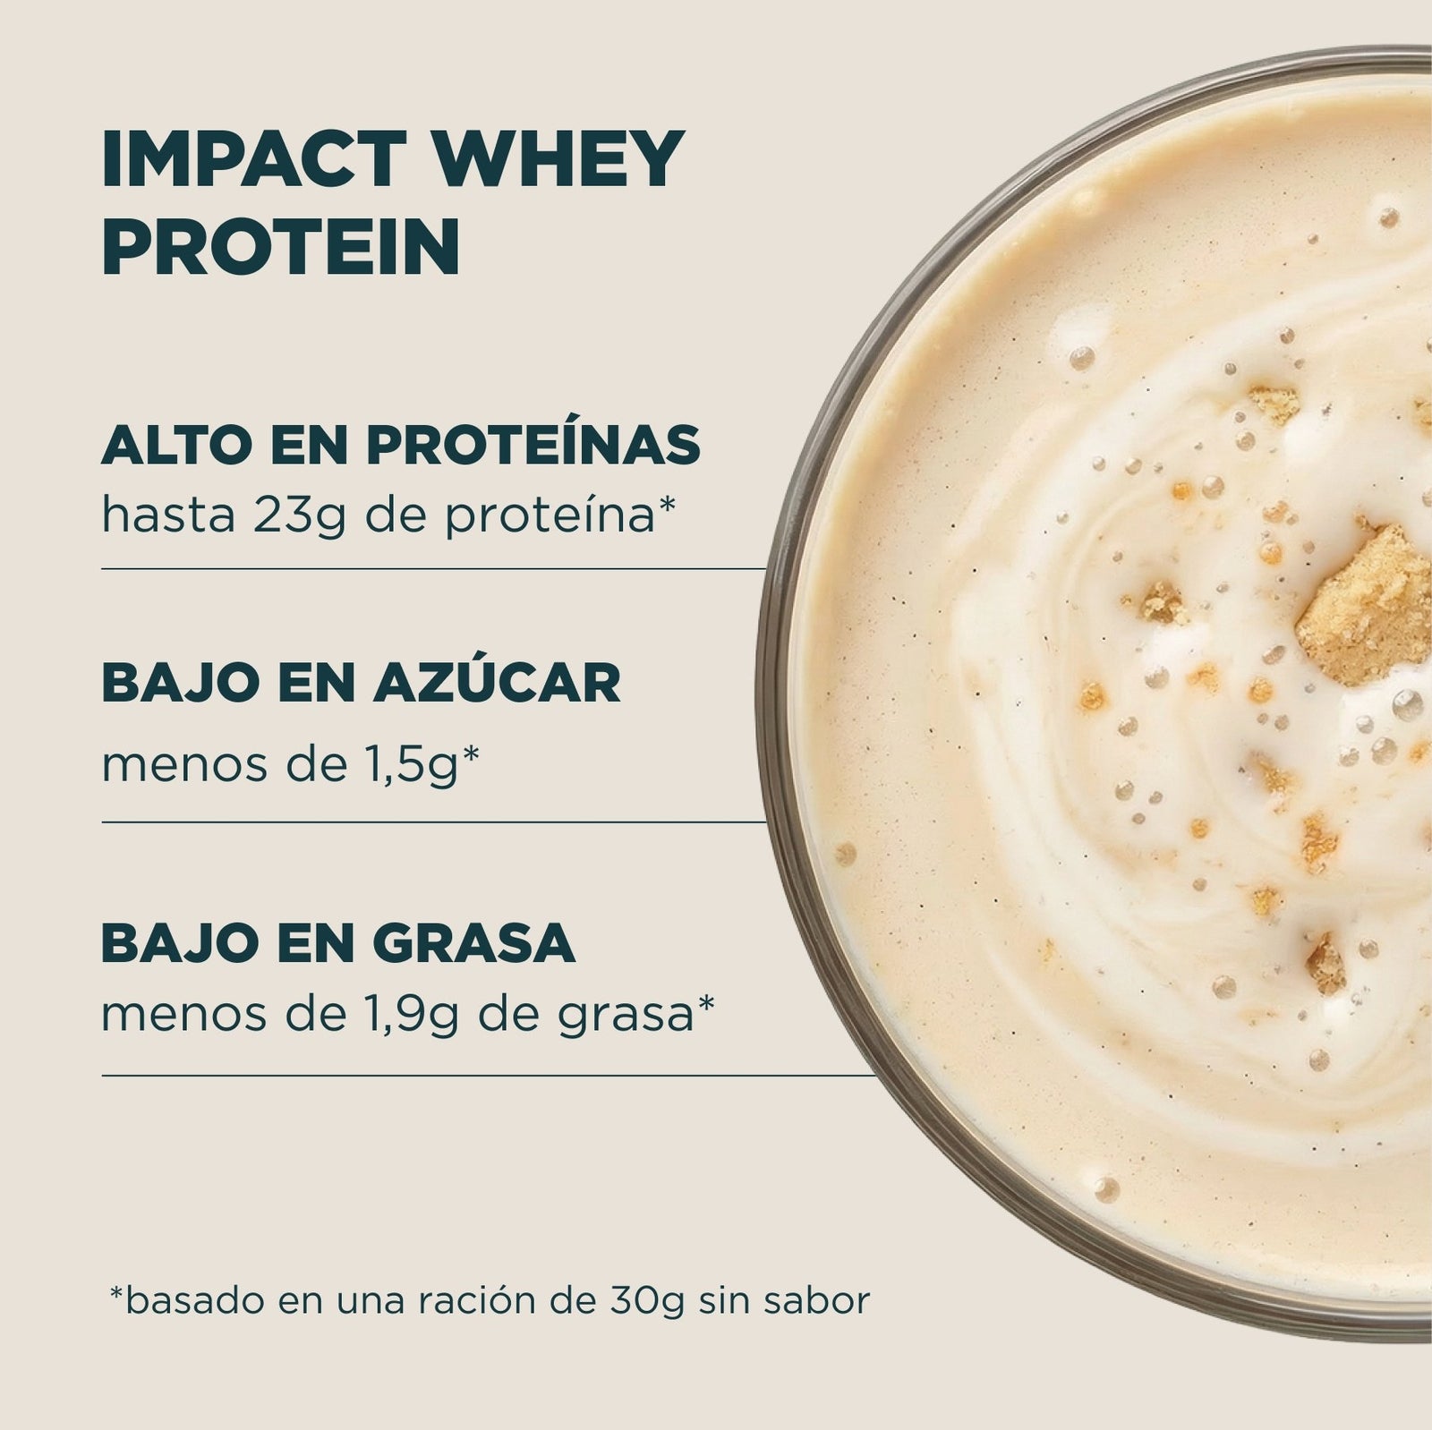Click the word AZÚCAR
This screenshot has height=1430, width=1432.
[498, 683]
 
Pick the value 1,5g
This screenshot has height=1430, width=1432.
[408, 767]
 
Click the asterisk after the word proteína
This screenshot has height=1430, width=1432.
[665, 506]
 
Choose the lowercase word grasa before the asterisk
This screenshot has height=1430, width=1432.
[626, 1018]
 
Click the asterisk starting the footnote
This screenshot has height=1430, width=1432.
[115, 1293]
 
